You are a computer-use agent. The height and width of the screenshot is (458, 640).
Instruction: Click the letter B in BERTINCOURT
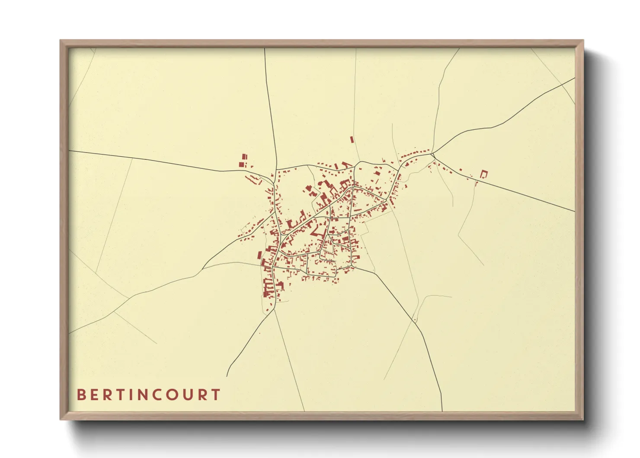click(x=81, y=395)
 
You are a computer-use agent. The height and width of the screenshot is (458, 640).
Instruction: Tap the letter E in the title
click(x=96, y=395)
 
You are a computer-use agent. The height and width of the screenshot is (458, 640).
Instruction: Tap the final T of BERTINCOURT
click(x=216, y=395)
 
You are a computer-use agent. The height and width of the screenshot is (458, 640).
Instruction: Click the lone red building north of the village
click(x=352, y=139)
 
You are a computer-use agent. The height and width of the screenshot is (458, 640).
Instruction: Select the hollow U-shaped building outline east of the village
click(x=484, y=174)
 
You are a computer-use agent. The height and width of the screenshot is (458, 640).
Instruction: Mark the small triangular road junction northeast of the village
click(x=432, y=155)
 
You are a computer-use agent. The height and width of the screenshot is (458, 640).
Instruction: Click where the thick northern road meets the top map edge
click(x=265, y=48)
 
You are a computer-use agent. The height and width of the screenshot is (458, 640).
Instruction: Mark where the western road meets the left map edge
click(x=70, y=151)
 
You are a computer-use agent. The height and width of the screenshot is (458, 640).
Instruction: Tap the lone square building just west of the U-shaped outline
click(x=461, y=170)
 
